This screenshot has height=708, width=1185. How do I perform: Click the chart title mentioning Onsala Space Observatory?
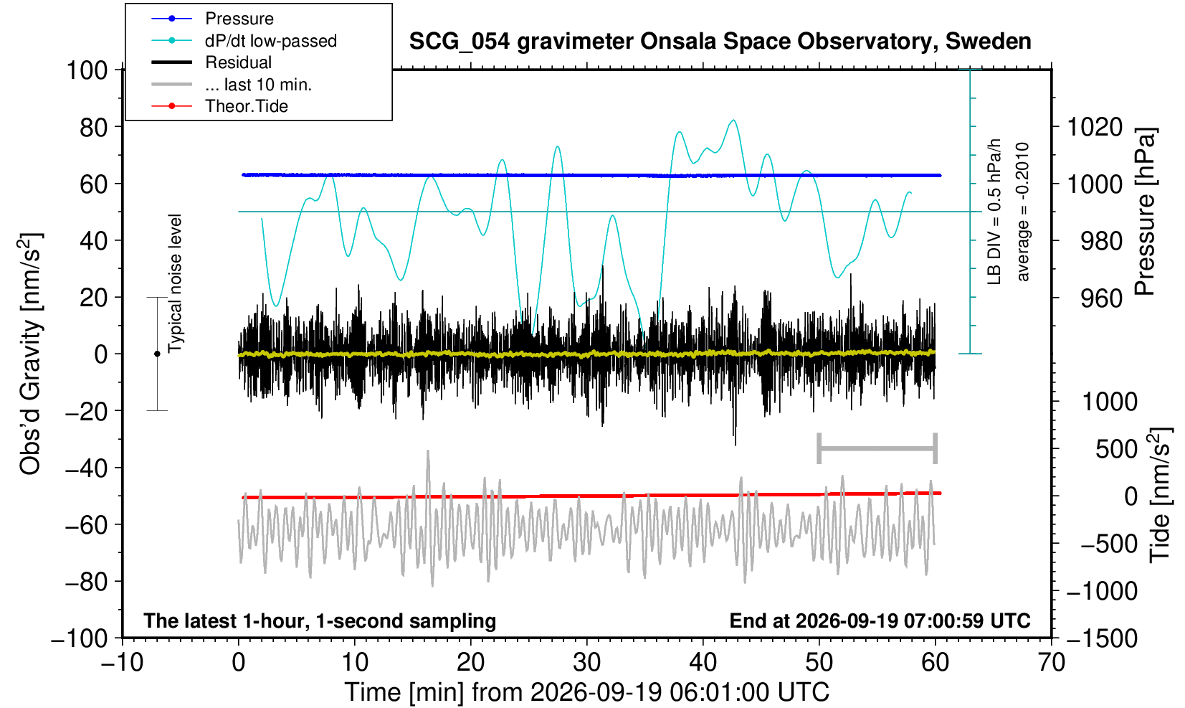[x=720, y=42]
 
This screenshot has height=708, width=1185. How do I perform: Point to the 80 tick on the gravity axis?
[x=94, y=127]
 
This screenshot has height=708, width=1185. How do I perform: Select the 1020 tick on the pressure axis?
[x=1095, y=127]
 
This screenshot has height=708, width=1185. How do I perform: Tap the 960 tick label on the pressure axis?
[x=1101, y=298]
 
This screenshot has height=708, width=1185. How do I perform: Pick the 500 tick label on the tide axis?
[x=1116, y=449]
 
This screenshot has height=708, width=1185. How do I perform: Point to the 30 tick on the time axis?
[x=586, y=663]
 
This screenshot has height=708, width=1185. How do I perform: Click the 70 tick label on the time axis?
[x=1051, y=663]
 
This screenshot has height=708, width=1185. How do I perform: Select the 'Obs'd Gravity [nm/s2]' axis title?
[x=29, y=354]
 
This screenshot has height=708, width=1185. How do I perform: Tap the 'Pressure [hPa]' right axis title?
[x=1146, y=212]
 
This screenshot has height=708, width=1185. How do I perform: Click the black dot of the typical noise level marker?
[x=157, y=354]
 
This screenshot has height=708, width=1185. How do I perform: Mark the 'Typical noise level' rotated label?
[x=175, y=284]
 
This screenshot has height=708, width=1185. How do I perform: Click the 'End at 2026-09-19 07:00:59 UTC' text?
[x=880, y=620]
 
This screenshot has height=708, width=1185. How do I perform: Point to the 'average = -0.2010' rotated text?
[x=1022, y=212]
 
